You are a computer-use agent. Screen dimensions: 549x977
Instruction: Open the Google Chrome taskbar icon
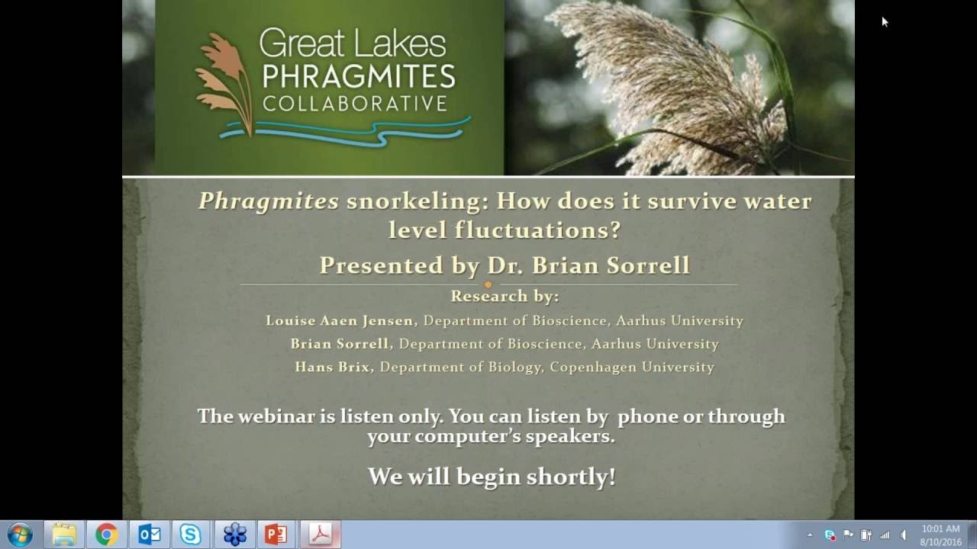point(106,535)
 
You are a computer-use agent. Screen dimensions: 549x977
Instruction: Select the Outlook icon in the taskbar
point(149,535)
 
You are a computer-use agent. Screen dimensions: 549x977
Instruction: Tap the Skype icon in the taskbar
point(190,535)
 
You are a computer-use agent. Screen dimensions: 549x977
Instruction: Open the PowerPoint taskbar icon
point(276,535)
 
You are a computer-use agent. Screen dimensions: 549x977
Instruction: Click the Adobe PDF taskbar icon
point(319,535)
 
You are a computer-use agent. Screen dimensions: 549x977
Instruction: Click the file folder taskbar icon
point(64,535)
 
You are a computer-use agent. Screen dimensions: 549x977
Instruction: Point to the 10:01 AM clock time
point(940,528)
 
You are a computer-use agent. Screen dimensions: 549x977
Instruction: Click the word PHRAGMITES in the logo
point(357,76)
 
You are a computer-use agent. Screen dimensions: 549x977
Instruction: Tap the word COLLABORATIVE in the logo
point(354,103)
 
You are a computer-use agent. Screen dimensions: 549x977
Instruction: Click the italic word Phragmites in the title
point(269,201)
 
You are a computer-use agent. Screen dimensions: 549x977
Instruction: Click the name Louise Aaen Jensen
point(339,321)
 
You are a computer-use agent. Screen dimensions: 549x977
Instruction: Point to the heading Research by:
point(504,296)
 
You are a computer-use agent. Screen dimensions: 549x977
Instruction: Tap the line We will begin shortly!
point(492,477)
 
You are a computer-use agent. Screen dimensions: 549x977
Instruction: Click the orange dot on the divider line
point(488,285)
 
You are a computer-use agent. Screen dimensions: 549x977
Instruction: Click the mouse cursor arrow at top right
point(885,21)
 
